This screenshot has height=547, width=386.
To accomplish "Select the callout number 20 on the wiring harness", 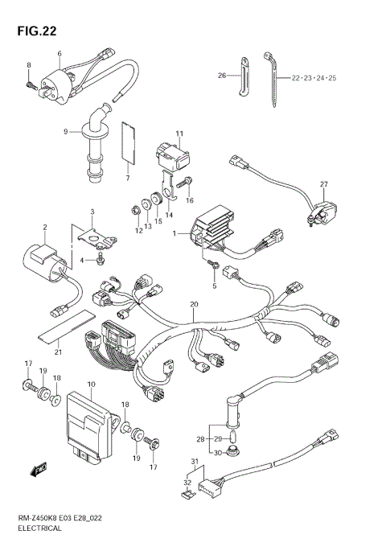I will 193,304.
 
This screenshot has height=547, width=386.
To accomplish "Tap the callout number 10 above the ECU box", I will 91,385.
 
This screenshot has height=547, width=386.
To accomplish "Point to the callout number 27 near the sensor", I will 323,185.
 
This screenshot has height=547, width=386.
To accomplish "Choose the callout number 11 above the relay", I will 179,134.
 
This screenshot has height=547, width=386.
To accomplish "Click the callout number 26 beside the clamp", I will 222,76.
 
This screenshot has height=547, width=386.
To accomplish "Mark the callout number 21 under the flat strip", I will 57,351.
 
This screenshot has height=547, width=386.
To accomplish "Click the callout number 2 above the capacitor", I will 45,228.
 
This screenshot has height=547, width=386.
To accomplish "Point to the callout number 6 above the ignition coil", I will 59,53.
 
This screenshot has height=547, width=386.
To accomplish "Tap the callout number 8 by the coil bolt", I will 28,64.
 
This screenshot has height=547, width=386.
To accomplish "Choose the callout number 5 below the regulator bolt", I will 214,286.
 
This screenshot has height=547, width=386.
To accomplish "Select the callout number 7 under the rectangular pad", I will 127,177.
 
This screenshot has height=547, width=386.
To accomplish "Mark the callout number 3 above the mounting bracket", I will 92,212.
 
